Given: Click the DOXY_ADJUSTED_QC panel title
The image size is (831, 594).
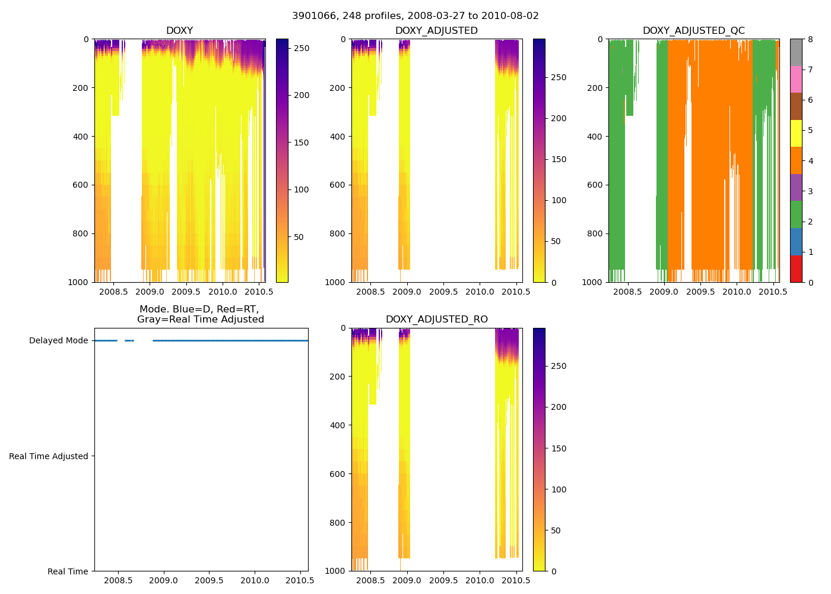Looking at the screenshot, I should click(x=693, y=31).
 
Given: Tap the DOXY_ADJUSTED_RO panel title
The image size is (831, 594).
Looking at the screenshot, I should click(x=436, y=320).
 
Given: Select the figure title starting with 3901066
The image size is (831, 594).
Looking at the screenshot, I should click(x=415, y=16).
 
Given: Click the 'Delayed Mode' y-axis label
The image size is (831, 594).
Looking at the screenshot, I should click(x=58, y=340).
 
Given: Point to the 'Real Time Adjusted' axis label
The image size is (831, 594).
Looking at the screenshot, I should click(x=49, y=456).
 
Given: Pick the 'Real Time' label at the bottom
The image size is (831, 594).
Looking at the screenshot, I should click(x=68, y=571).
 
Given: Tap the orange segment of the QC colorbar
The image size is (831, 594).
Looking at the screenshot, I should click(x=796, y=160).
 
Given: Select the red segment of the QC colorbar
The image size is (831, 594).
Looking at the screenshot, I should click(x=796, y=268).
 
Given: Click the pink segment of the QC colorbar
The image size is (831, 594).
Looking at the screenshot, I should click(x=796, y=79).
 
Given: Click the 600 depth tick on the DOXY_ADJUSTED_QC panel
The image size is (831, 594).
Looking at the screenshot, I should click(x=595, y=185).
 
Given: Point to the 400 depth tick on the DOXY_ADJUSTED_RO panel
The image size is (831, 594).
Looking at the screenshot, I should click(x=338, y=425).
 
